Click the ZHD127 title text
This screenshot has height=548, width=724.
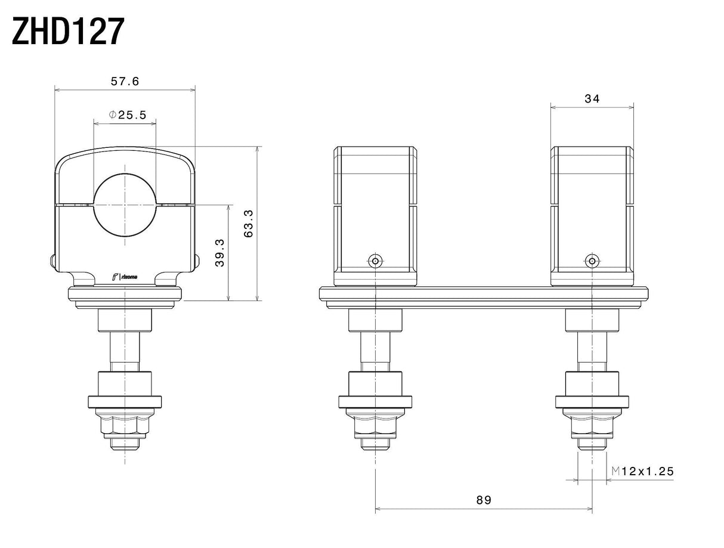(x=68, y=31)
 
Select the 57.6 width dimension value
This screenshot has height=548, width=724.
(x=125, y=81)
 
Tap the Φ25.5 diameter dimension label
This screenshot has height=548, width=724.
(x=127, y=114)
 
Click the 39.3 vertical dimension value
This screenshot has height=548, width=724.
(x=219, y=253)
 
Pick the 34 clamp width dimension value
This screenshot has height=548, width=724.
(x=592, y=98)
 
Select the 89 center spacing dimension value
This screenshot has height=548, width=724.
(x=484, y=500)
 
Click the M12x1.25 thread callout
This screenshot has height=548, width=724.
(x=642, y=471)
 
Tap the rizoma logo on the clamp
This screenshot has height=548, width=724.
(x=125, y=277)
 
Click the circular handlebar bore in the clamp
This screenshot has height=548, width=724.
(x=125, y=205)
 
